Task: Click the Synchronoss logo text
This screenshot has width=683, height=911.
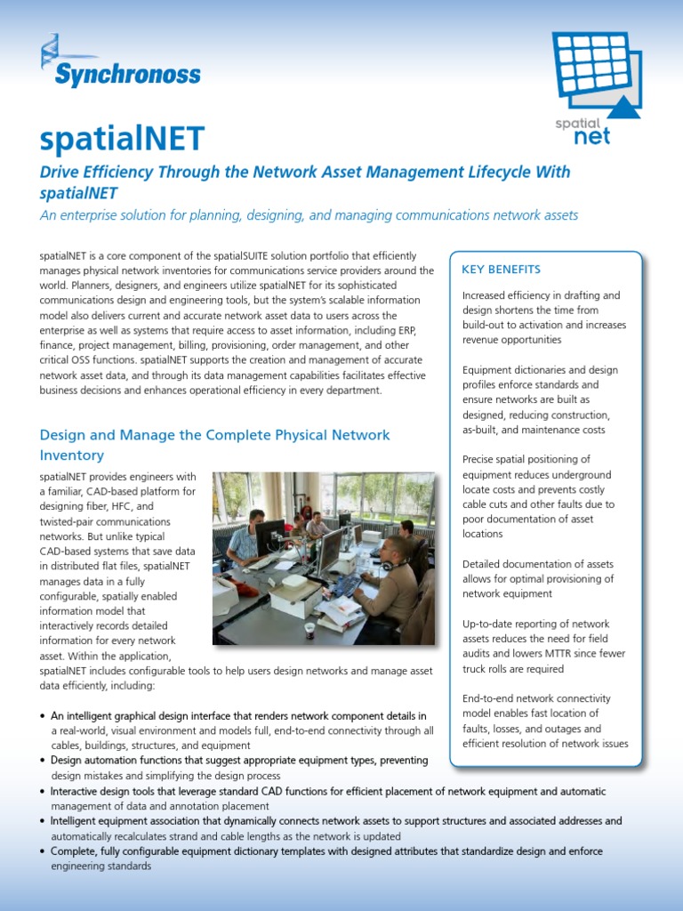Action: [127, 74]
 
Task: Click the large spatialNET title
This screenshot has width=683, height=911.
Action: [122, 138]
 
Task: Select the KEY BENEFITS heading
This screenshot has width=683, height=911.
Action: [502, 270]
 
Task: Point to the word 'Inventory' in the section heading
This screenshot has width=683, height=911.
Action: [72, 455]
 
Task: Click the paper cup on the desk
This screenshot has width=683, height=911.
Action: [309, 629]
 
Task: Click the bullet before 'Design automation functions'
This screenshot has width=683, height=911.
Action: [44, 761]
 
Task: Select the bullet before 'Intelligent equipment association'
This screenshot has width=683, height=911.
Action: [44, 821]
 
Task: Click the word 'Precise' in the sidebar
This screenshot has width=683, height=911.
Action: [482, 459]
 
